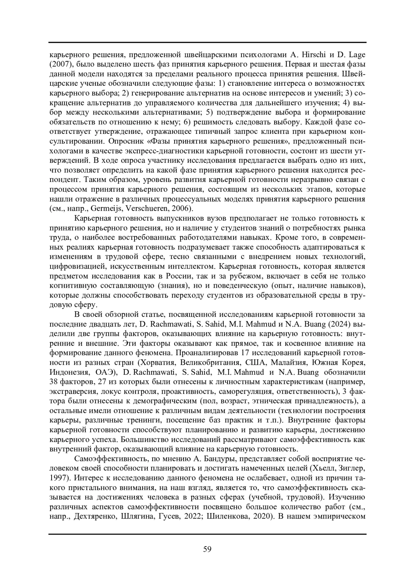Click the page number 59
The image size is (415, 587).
207,549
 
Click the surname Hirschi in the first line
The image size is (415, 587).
318,55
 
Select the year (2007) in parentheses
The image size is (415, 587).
61,64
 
